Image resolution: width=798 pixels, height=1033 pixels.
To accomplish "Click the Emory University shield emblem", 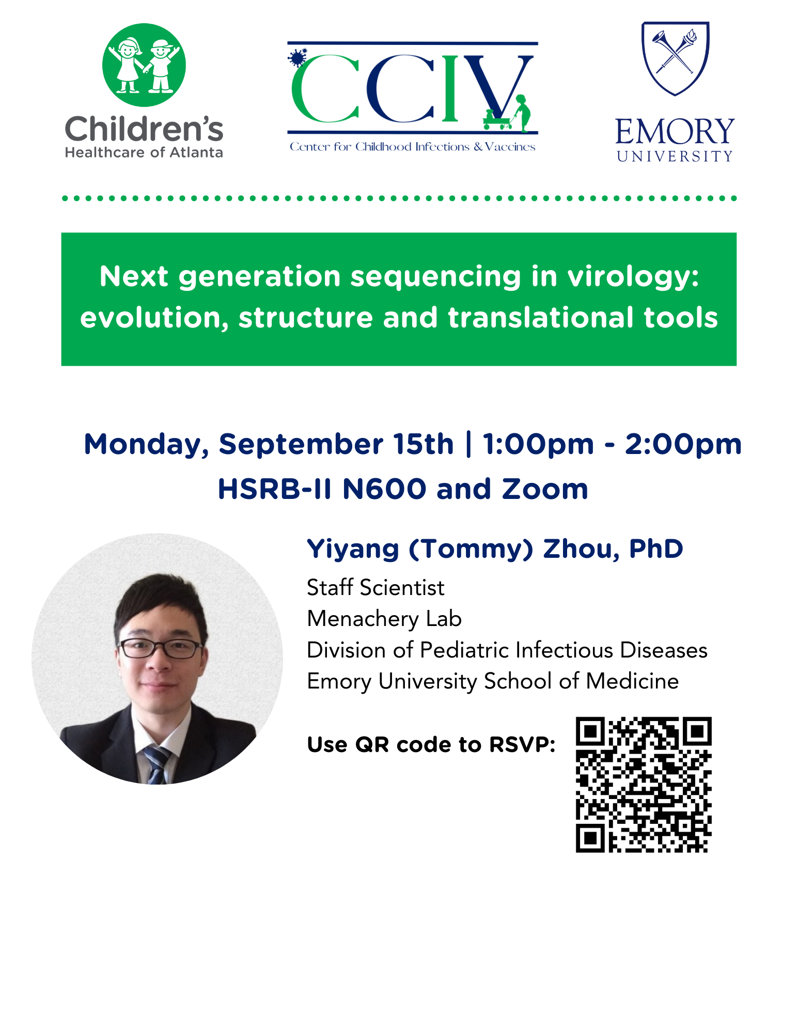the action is [x=675, y=58].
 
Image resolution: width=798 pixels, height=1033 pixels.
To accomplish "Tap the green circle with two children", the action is [x=144, y=65].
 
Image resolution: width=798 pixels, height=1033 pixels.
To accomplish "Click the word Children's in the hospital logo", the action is [x=144, y=129].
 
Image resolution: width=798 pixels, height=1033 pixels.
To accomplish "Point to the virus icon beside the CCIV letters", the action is [x=297, y=57].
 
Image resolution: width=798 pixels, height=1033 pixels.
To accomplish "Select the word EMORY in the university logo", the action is [x=675, y=132].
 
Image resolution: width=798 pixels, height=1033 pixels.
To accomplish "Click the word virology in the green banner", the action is [x=633, y=277].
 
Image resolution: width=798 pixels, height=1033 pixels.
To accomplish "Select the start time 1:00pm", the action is [x=538, y=445].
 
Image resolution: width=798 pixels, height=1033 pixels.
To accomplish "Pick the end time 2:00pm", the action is [x=683, y=445].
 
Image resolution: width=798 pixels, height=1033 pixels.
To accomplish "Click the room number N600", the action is [x=384, y=489].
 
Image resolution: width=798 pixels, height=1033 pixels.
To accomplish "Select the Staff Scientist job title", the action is [x=375, y=587].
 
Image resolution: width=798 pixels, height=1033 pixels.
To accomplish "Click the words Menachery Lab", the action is [x=384, y=619].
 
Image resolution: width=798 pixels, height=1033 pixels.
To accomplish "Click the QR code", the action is [x=644, y=785].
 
